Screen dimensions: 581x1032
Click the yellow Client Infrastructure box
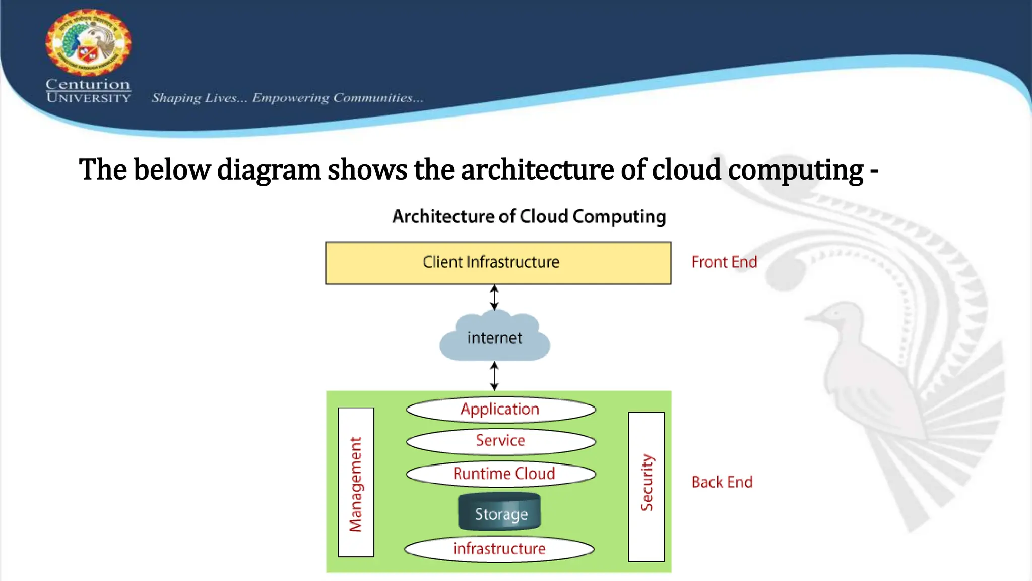click(498, 263)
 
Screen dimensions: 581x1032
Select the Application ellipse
click(500, 409)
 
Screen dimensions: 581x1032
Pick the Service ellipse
click(500, 441)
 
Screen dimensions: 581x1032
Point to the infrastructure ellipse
click(499, 549)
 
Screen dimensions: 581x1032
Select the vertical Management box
click(356, 482)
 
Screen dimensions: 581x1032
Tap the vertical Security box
click(646, 486)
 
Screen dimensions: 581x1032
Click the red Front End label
click(724, 262)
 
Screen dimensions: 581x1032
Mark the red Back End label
click(722, 482)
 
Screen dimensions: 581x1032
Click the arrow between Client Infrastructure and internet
click(494, 298)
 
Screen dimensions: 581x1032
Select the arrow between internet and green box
click(494, 376)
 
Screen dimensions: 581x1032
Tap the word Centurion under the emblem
click(88, 84)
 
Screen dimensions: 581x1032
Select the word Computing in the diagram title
click(619, 217)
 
